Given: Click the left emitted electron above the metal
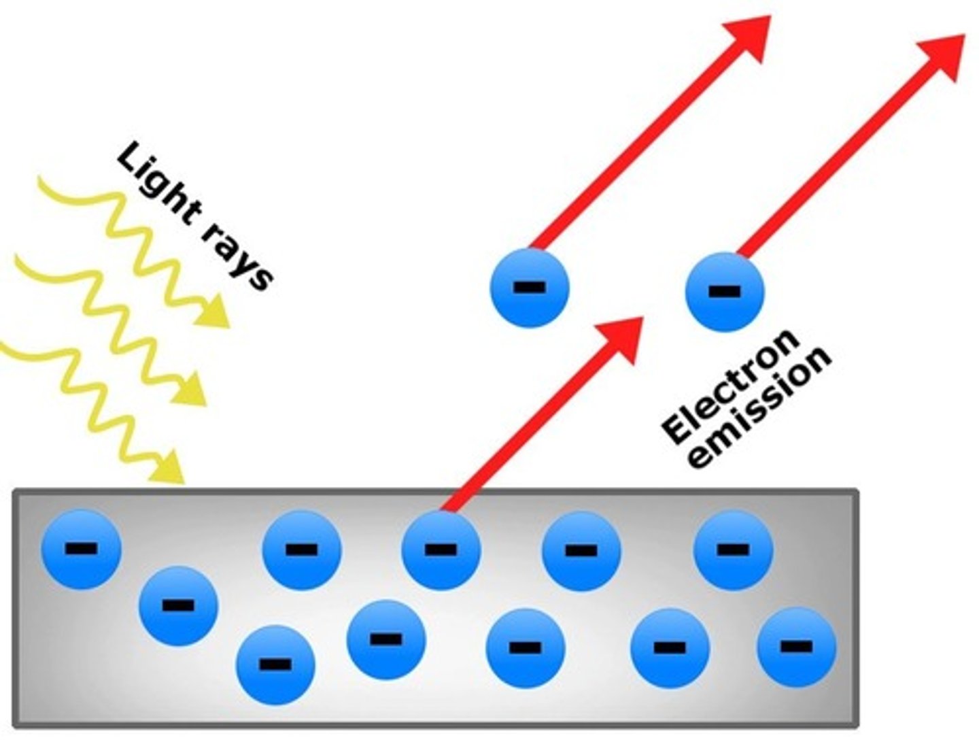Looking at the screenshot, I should pyautogui.click(x=529, y=287).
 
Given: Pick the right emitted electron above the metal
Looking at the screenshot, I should pyautogui.click(x=725, y=291).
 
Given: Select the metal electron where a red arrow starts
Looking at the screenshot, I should pyautogui.click(x=441, y=550).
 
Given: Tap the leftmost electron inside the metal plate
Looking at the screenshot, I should pyautogui.click(x=82, y=548).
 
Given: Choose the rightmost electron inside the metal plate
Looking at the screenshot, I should pyautogui.click(x=797, y=646).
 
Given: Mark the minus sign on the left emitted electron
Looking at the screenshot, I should pyautogui.click(x=529, y=287).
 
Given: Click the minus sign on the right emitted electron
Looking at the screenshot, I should pyautogui.click(x=725, y=292).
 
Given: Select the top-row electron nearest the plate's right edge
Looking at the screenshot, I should pyautogui.click(x=733, y=550).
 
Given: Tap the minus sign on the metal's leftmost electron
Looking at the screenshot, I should pyautogui.click(x=81, y=548).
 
